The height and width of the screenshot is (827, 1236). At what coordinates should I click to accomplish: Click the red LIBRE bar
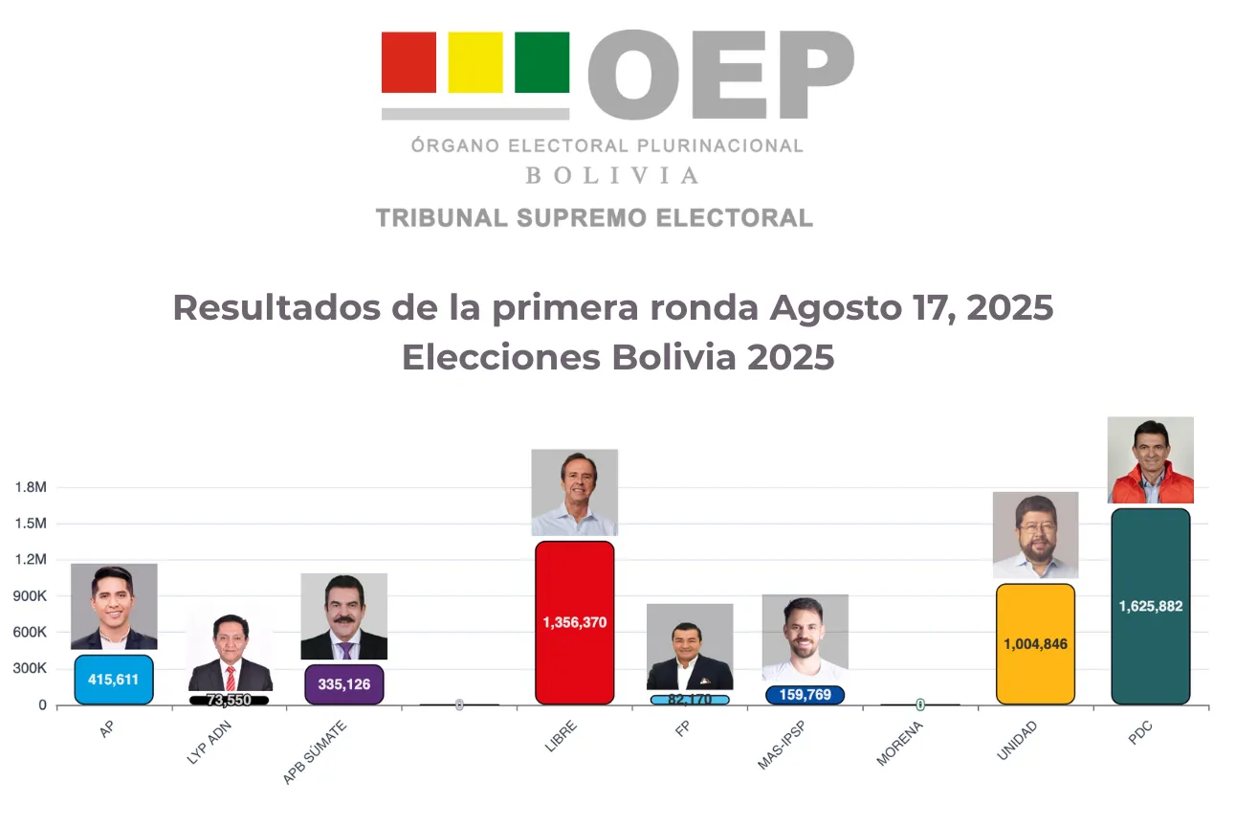[x=574, y=622]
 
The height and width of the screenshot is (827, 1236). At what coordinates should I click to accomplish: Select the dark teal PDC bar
[x=1150, y=606]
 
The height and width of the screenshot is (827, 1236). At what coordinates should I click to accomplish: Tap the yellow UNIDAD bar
[x=1035, y=643]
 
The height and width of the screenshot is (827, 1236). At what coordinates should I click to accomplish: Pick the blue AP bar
[x=114, y=680]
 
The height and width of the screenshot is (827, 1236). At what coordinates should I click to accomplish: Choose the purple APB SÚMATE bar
[x=343, y=684]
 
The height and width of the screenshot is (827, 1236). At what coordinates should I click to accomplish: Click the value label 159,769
[x=805, y=695]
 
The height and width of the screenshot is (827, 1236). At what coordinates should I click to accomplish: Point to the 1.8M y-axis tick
[x=31, y=487]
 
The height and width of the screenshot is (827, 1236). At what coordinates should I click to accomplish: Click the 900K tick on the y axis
[x=31, y=596]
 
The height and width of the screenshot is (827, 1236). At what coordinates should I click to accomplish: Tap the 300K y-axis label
[x=31, y=669]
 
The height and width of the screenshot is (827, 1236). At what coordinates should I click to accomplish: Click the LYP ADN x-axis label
[x=209, y=744]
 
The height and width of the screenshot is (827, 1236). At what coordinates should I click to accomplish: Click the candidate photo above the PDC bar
[x=1150, y=459]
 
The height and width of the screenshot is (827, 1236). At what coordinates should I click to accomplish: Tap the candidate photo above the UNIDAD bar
[x=1035, y=535]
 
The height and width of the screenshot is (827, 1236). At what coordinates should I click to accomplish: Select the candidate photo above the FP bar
[x=690, y=646]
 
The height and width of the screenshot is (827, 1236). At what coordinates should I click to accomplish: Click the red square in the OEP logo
[x=408, y=62]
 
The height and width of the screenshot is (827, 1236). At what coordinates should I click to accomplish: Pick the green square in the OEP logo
[x=541, y=62]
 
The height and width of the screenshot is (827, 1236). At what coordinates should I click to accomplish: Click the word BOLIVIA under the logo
[x=611, y=176]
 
